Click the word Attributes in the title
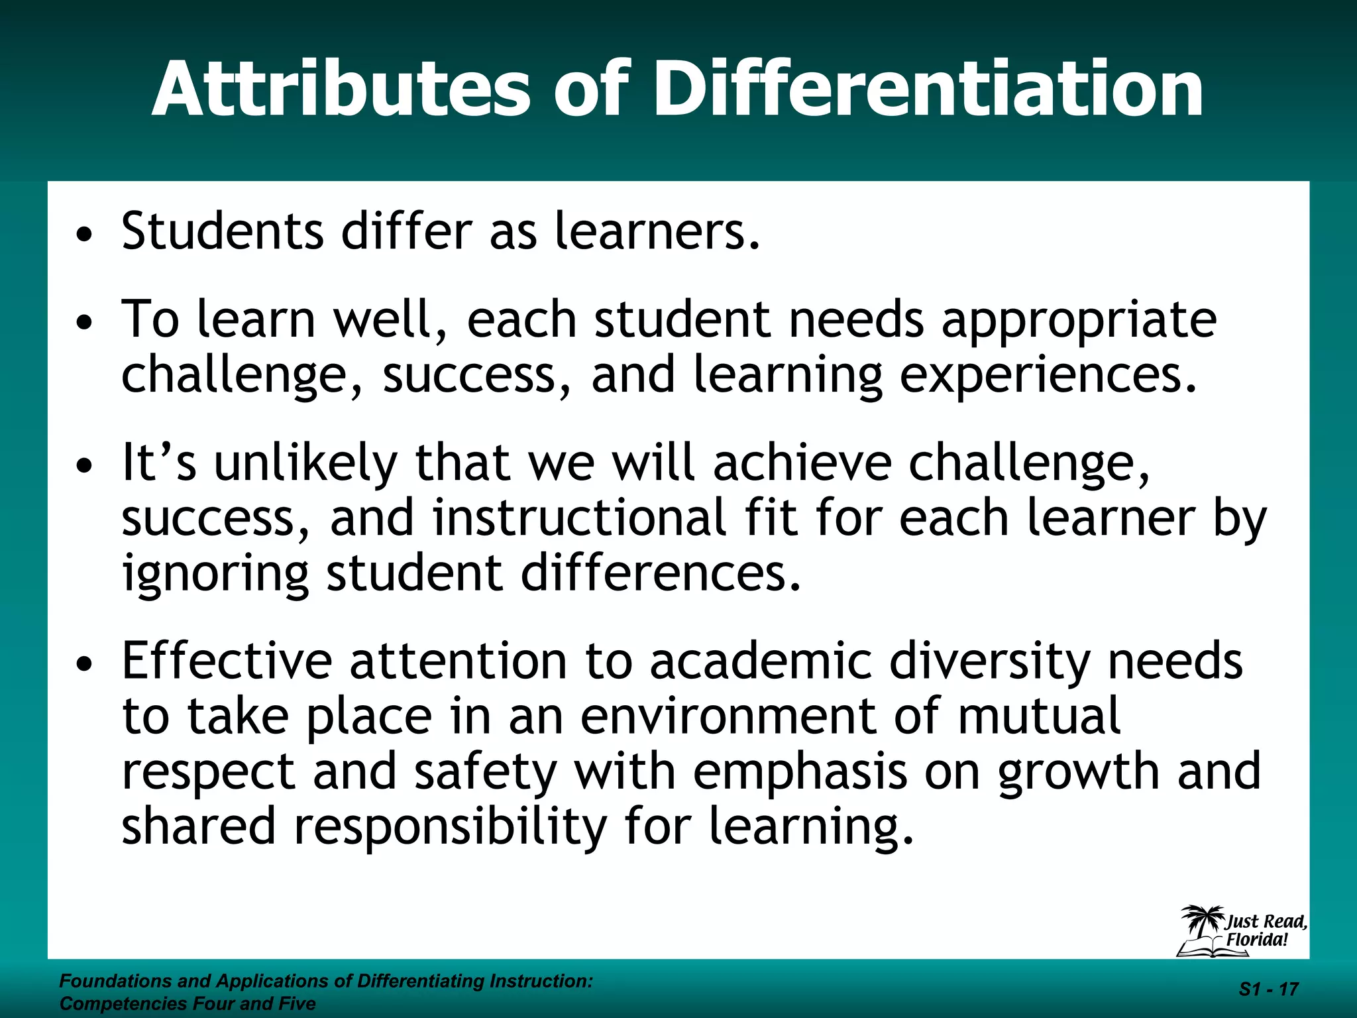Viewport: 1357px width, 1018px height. [x=341, y=89]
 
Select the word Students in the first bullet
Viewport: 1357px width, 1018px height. [x=223, y=231]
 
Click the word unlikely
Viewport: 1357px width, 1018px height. [x=305, y=464]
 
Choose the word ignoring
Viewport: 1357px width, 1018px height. [x=215, y=574]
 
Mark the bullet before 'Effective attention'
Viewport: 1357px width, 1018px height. [x=83, y=664]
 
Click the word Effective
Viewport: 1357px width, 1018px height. [x=227, y=661]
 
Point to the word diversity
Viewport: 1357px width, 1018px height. [x=989, y=662]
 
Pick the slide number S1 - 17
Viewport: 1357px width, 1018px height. [x=1268, y=990]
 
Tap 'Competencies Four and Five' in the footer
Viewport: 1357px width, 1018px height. [x=188, y=1004]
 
